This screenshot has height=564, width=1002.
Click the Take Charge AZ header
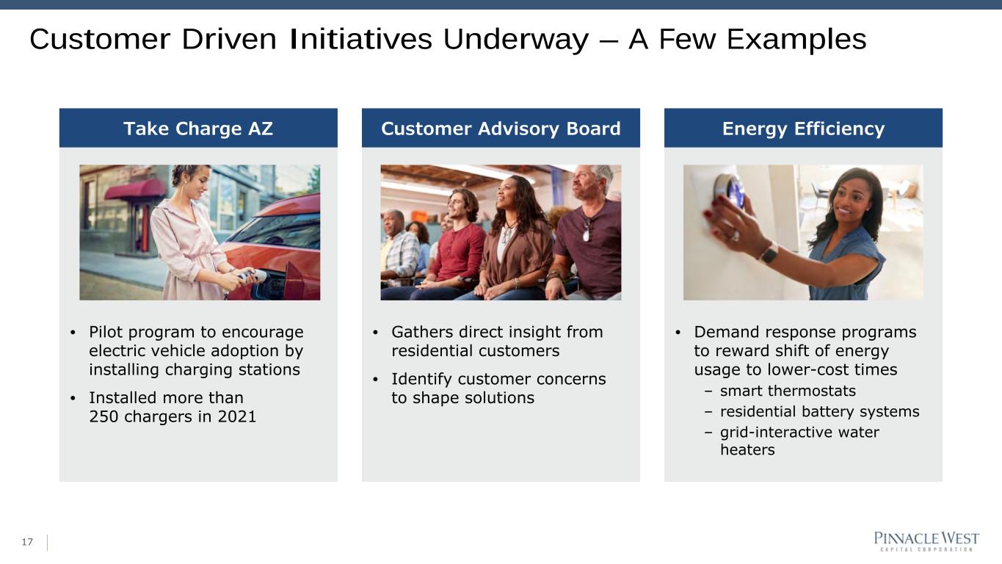(x=198, y=129)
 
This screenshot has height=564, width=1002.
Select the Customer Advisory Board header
(x=501, y=129)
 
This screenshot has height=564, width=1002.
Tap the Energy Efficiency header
(x=803, y=129)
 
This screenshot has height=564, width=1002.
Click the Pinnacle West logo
(x=926, y=541)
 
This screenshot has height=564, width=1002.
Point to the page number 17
(x=27, y=542)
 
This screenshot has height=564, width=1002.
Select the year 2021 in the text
(x=236, y=416)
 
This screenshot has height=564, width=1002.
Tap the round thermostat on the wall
(x=730, y=190)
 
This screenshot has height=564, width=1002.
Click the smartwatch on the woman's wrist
(x=769, y=253)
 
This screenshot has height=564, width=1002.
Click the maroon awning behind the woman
(x=136, y=189)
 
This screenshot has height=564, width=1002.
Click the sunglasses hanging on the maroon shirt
(x=587, y=230)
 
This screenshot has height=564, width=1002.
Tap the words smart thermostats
(x=788, y=391)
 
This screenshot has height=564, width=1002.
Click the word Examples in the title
(x=796, y=40)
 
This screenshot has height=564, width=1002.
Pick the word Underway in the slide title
(x=516, y=40)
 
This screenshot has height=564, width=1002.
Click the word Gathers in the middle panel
(x=422, y=332)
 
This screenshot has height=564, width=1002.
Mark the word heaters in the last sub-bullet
(x=747, y=449)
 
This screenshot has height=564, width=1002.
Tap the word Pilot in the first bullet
(x=106, y=332)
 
